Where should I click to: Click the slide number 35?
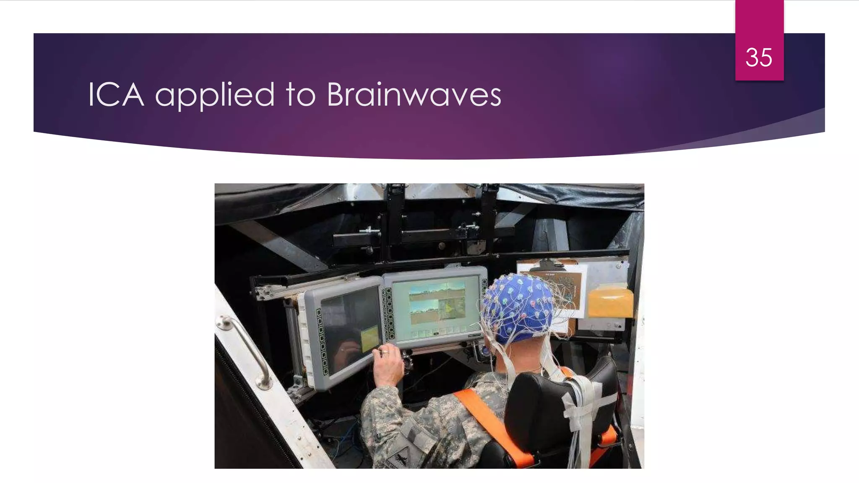(758, 57)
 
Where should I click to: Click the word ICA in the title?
(116, 95)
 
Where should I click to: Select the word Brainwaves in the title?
(414, 95)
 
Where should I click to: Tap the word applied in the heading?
(215, 96)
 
